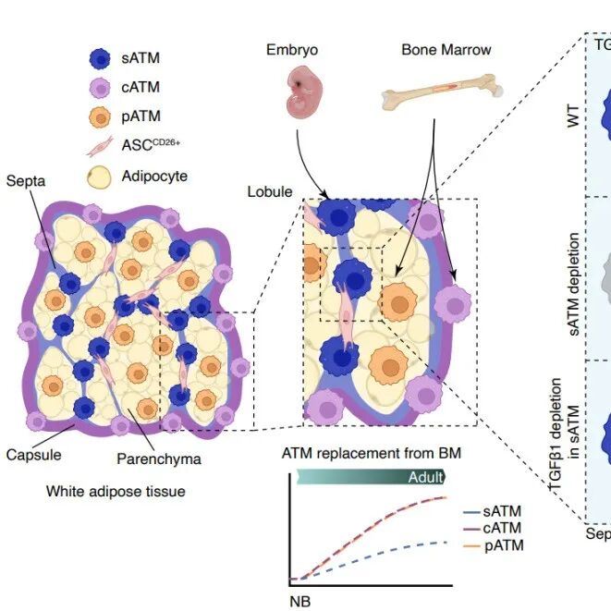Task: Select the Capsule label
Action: point(34,456)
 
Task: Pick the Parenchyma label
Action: point(159,458)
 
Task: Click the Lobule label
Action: point(269,191)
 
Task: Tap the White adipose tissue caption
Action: point(116,492)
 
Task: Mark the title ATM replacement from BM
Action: point(371,453)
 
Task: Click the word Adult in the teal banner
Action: point(425,477)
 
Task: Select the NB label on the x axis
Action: point(299,600)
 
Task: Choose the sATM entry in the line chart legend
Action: point(501,509)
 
